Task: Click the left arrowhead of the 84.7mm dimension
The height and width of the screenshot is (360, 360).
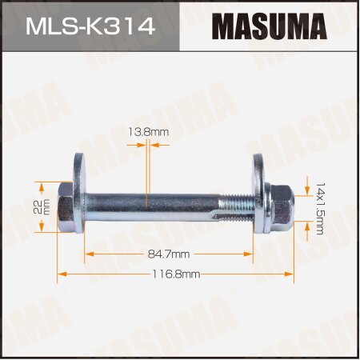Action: [89, 254]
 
